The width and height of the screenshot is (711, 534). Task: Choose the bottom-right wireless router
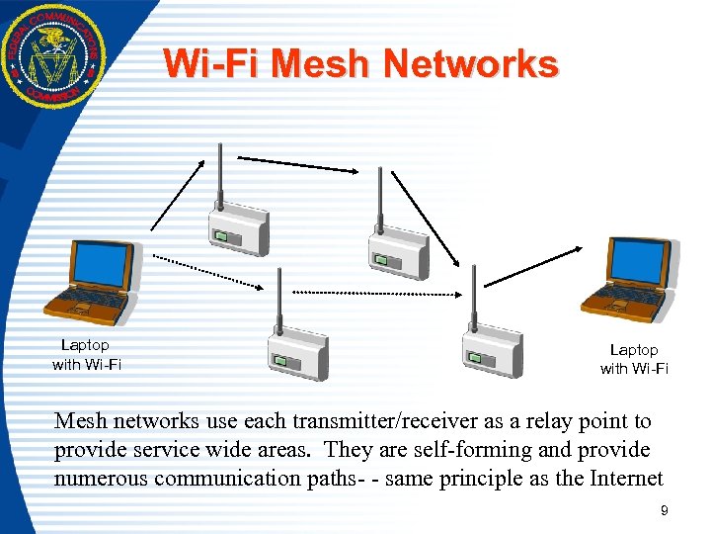[x=493, y=351]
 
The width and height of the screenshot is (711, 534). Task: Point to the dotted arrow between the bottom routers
[x=372, y=293]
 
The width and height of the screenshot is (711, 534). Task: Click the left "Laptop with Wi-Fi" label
[x=86, y=355]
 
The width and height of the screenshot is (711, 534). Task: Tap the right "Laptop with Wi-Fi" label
[x=634, y=360]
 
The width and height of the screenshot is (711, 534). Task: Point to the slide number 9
[x=664, y=510]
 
